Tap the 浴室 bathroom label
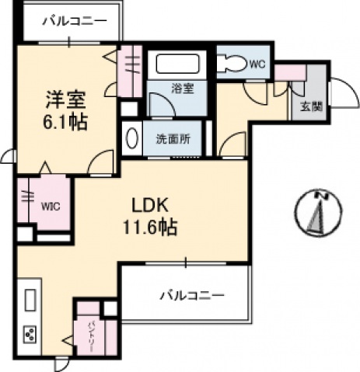183,89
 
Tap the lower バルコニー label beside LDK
192,296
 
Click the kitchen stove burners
30,335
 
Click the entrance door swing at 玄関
339,93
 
